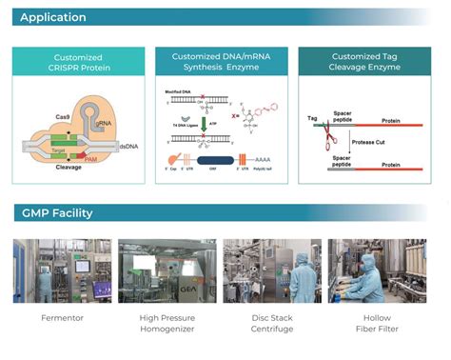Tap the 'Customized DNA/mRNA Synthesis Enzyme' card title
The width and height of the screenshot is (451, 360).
click(x=224, y=63)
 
